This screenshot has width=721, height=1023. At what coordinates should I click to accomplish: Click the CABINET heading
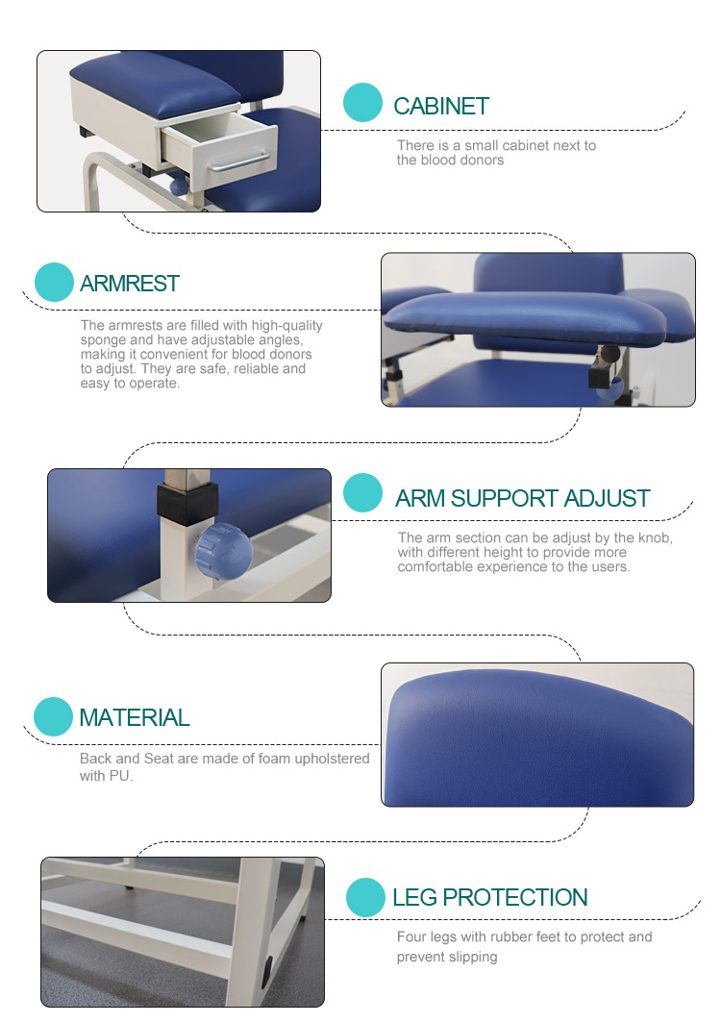click(441, 107)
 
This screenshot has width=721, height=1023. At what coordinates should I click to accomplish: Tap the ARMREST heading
click(129, 284)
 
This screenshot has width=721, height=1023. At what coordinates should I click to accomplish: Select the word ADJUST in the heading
click(607, 498)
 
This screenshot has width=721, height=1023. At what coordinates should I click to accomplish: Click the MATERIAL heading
click(135, 717)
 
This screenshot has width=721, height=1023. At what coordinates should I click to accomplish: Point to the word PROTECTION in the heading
click(515, 898)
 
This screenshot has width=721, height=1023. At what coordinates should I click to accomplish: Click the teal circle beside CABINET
click(362, 103)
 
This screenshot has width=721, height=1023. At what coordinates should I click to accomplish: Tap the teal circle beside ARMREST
click(54, 282)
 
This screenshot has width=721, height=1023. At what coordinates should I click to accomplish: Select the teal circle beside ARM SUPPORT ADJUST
click(362, 492)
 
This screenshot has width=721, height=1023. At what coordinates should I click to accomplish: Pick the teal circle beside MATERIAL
click(53, 716)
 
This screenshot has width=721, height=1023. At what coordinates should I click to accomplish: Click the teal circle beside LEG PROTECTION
click(365, 897)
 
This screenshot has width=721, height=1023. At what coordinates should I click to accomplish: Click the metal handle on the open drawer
click(237, 162)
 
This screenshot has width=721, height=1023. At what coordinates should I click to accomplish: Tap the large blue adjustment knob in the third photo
click(224, 551)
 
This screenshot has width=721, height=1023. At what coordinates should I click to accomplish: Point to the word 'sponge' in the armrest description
click(101, 340)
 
